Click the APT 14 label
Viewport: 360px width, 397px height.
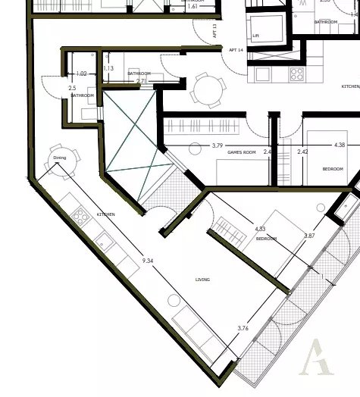click(235, 50)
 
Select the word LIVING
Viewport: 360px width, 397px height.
click(202, 280)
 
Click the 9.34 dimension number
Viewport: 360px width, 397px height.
click(149, 261)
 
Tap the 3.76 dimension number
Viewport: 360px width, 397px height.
click(243, 328)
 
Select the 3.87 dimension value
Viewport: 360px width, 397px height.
click(308, 236)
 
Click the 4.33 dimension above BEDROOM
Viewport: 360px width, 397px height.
click(260, 228)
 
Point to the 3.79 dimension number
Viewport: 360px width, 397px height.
click(218, 145)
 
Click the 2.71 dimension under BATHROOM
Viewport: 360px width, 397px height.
click(140, 80)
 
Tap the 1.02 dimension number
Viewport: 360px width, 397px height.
click(83, 73)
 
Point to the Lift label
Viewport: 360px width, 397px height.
click(256, 35)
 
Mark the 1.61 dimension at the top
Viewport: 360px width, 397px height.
click(192, 6)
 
